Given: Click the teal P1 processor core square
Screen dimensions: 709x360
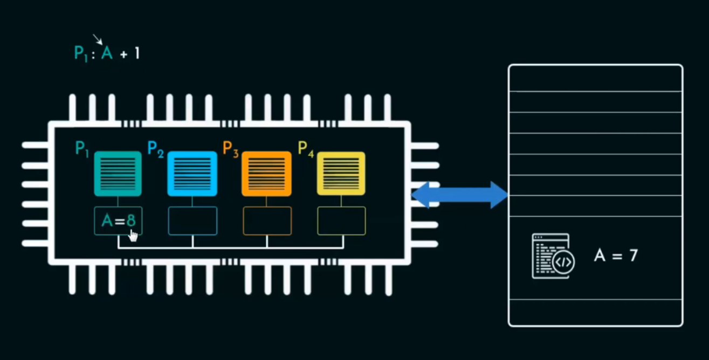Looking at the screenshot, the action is [118, 174].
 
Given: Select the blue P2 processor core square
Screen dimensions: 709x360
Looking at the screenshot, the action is [192, 174].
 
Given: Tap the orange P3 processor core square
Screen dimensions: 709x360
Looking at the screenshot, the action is [266, 174].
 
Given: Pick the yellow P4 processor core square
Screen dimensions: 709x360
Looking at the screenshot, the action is [341, 174].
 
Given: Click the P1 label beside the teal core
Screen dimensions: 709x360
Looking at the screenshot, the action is [81, 149].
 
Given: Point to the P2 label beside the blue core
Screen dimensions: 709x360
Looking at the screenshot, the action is [155, 149].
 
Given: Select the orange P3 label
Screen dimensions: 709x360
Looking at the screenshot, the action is [230, 149].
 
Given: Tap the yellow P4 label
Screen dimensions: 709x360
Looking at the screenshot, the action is [306, 149].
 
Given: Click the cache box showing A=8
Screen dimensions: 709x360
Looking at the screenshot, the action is [118, 221].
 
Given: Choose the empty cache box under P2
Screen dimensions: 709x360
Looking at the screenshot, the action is [192, 221].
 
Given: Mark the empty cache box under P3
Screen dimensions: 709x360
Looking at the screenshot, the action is [267, 221].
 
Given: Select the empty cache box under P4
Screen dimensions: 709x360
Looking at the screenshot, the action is [341, 221].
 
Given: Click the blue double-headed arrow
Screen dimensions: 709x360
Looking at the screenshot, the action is [459, 195].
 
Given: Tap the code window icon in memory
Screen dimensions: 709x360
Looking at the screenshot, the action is [553, 256].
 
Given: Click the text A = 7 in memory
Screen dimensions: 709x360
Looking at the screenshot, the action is [616, 255].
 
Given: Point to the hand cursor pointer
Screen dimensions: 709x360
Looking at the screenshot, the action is [133, 235].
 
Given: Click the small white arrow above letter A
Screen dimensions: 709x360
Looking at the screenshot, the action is [97, 39].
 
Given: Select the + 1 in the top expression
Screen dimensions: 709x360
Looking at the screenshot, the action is [130, 53].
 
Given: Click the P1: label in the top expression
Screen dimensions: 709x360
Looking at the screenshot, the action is [84, 53].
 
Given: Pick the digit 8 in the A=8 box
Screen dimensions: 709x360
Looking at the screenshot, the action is [131, 220].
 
